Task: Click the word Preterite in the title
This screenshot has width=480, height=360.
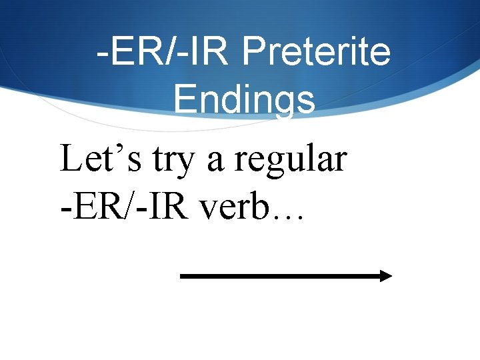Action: point(317,51)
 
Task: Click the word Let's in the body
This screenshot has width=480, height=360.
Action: point(101,159)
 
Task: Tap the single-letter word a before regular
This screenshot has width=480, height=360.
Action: point(215,163)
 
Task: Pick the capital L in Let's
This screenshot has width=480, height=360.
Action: point(71,159)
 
